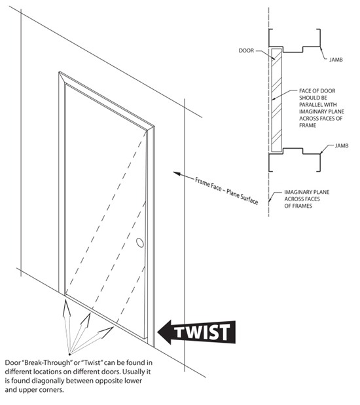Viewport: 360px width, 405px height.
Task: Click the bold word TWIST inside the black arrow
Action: point(206,333)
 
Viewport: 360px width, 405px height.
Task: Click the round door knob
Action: point(139,243)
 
